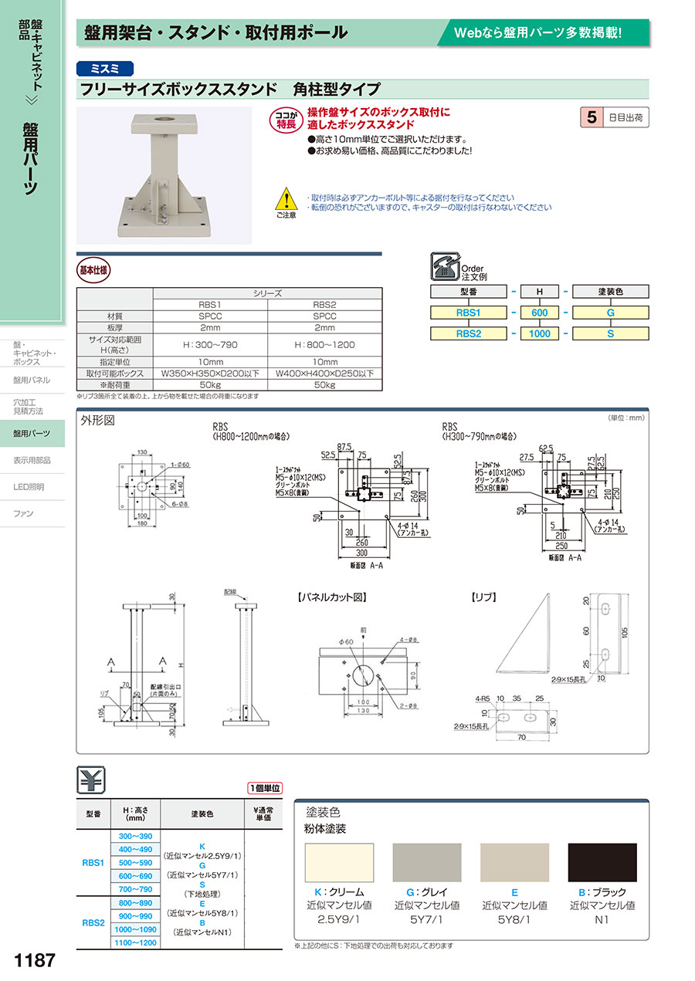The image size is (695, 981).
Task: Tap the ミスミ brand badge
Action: pyautogui.click(x=105, y=68)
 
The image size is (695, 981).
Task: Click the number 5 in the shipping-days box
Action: pyautogui.click(x=592, y=117)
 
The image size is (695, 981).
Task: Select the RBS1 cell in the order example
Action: pyautogui.click(x=468, y=313)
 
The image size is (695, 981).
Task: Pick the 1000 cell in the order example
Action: pyautogui.click(x=540, y=334)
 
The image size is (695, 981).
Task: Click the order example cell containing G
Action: pyautogui.click(x=610, y=313)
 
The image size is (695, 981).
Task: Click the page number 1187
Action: pyautogui.click(x=35, y=960)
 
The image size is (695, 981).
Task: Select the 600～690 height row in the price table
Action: pyautogui.click(x=136, y=876)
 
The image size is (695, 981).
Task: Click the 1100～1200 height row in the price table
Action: pyautogui.click(x=136, y=942)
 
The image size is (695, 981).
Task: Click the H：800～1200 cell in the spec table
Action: pyautogui.click(x=324, y=344)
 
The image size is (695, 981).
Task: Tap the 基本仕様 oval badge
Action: pyautogui.click(x=94, y=271)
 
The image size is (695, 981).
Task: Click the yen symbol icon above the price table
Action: pyautogui.click(x=91, y=781)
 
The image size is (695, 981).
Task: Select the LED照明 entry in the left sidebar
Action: pyautogui.click(x=29, y=487)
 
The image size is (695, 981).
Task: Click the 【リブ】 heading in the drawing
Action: pyautogui.click(x=483, y=597)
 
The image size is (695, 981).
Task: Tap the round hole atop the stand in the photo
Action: pyautogui.click(x=165, y=120)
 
